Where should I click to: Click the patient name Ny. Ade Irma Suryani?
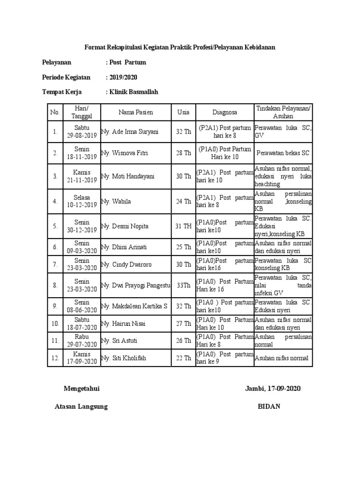point(130,132)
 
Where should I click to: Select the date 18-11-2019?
point(82,157)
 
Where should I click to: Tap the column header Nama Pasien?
point(135,112)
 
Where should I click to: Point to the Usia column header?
point(183,112)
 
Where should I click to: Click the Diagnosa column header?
point(225,112)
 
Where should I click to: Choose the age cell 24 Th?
point(183,202)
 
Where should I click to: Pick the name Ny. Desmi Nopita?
point(125,226)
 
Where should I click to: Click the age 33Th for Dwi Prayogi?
point(183,285)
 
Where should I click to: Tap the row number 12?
point(55,358)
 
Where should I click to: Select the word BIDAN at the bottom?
point(269,406)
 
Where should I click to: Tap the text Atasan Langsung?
point(81,406)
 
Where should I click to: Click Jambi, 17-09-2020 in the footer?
point(272,389)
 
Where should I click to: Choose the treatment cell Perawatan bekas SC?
point(283,153)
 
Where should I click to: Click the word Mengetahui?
point(82,389)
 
